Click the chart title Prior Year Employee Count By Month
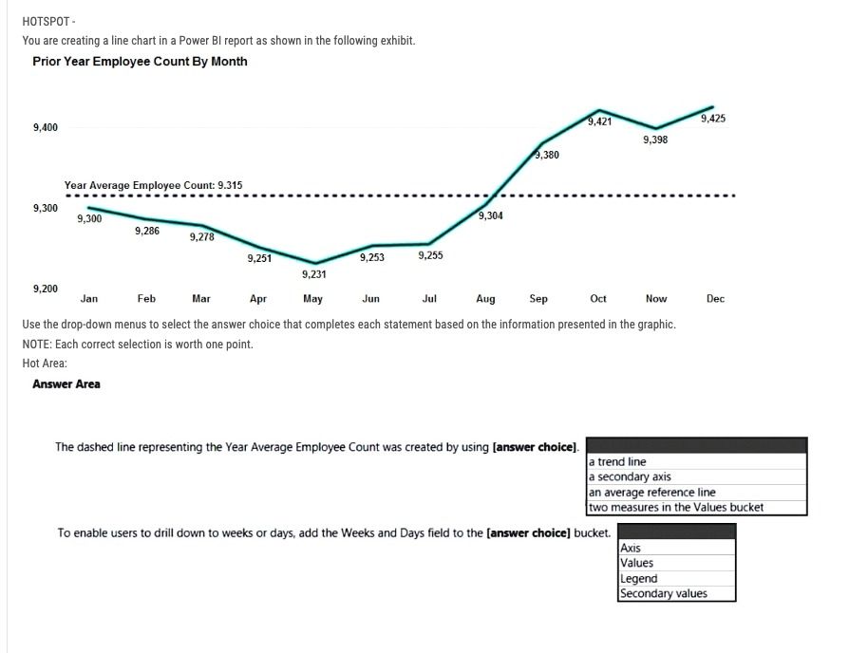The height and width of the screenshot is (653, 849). pos(140,62)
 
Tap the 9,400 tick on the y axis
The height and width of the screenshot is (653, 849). pos(46,127)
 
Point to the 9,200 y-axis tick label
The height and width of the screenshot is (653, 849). pos(46,288)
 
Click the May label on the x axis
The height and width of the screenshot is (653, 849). pos(312,299)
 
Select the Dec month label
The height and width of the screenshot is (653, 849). pos(715,299)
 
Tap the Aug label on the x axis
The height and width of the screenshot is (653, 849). pos(485,299)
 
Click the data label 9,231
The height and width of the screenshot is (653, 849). pos(313,274)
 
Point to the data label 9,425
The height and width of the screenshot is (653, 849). pos(713,119)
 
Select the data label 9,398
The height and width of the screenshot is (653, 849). pos(655,140)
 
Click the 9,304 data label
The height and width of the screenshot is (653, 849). pos(491,216)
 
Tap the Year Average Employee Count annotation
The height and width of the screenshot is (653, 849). pos(153,185)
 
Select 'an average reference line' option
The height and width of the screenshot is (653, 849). pos(652,493)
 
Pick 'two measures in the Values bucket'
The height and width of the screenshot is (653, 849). pos(676,507)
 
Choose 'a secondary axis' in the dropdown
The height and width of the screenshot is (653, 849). pos(631,477)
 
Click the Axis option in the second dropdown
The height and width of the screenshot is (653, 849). pos(631,549)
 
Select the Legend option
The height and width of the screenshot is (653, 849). pos(638,579)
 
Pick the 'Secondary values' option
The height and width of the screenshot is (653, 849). pos(663,594)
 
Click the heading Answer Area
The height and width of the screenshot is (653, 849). pos(66,384)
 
